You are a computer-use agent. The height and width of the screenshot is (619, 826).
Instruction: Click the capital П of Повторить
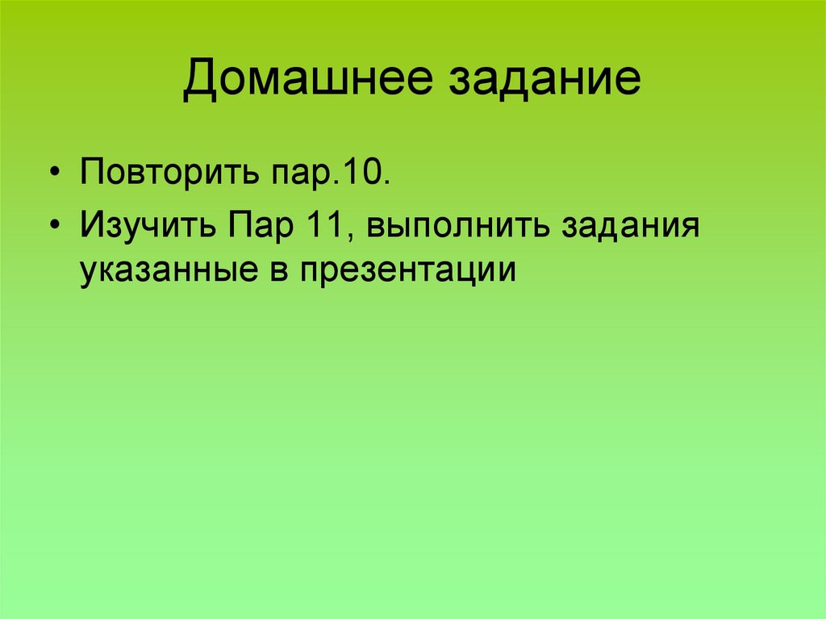(x=90, y=174)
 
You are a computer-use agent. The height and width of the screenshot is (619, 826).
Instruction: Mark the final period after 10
(x=387, y=182)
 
